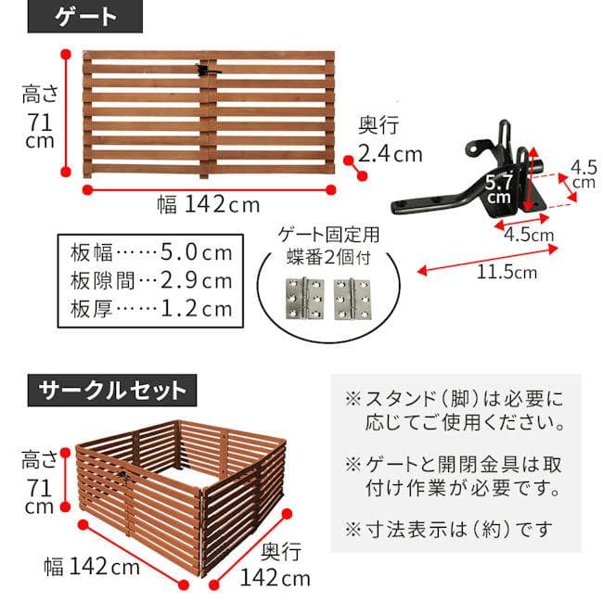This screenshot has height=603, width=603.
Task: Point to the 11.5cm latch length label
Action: coord(507,272)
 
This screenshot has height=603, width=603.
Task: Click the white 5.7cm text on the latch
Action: coord(498,188)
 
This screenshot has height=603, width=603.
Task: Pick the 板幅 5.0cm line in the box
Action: coord(149,252)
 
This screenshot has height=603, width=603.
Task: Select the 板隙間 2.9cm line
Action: coord(149,280)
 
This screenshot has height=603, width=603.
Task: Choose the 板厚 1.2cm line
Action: coord(149,308)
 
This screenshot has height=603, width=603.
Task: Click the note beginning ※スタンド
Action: coord(455,412)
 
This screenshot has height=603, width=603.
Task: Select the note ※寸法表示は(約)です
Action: coord(449,530)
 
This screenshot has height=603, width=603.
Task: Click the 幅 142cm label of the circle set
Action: coord(92,565)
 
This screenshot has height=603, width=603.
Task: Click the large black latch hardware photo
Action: coord(464,181)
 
